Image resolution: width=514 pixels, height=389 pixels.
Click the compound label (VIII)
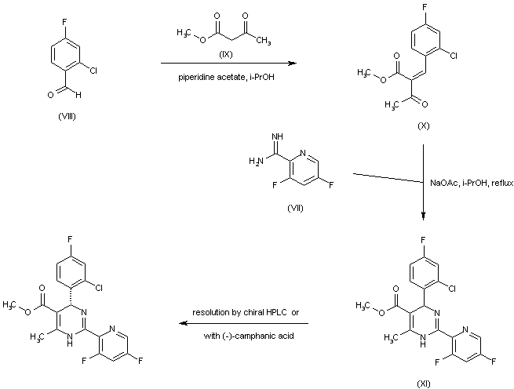pyautogui.click(x=67, y=116)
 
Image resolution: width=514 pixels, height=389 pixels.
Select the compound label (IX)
pyautogui.click(x=225, y=54)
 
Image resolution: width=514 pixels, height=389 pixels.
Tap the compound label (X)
pyautogui.click(x=423, y=125)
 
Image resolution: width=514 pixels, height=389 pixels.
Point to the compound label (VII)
pyautogui.click(x=295, y=208)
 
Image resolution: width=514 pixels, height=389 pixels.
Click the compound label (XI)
pyautogui.click(x=423, y=384)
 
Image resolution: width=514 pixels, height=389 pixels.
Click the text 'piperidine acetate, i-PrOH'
pyautogui.click(x=226, y=78)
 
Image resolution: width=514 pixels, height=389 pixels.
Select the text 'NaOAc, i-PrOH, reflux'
pyautogui.click(x=472, y=184)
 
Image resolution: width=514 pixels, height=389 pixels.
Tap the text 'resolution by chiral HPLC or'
pyautogui.click(x=246, y=312)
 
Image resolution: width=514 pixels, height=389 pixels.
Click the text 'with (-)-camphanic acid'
pyautogui.click(x=249, y=336)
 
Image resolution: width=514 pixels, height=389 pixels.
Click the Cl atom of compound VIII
pyautogui.click(x=93, y=71)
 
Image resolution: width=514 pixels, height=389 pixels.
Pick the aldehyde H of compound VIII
pyautogui.click(x=78, y=96)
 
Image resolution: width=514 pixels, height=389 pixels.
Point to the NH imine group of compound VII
pyautogui.click(x=277, y=136)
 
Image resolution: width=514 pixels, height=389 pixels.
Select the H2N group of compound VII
pyautogui.click(x=256, y=161)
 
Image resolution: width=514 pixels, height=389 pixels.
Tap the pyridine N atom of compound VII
pyautogui.click(x=303, y=153)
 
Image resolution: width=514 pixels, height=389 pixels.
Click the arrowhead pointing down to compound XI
pyautogui.click(x=424, y=216)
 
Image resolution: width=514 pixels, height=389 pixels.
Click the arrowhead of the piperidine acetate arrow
pyautogui.click(x=292, y=64)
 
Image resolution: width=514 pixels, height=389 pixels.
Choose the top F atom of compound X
pyautogui.click(x=425, y=16)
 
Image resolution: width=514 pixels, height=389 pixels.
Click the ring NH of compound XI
pyautogui.click(x=423, y=341)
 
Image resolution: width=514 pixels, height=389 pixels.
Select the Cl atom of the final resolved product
pyautogui.click(x=99, y=288)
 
